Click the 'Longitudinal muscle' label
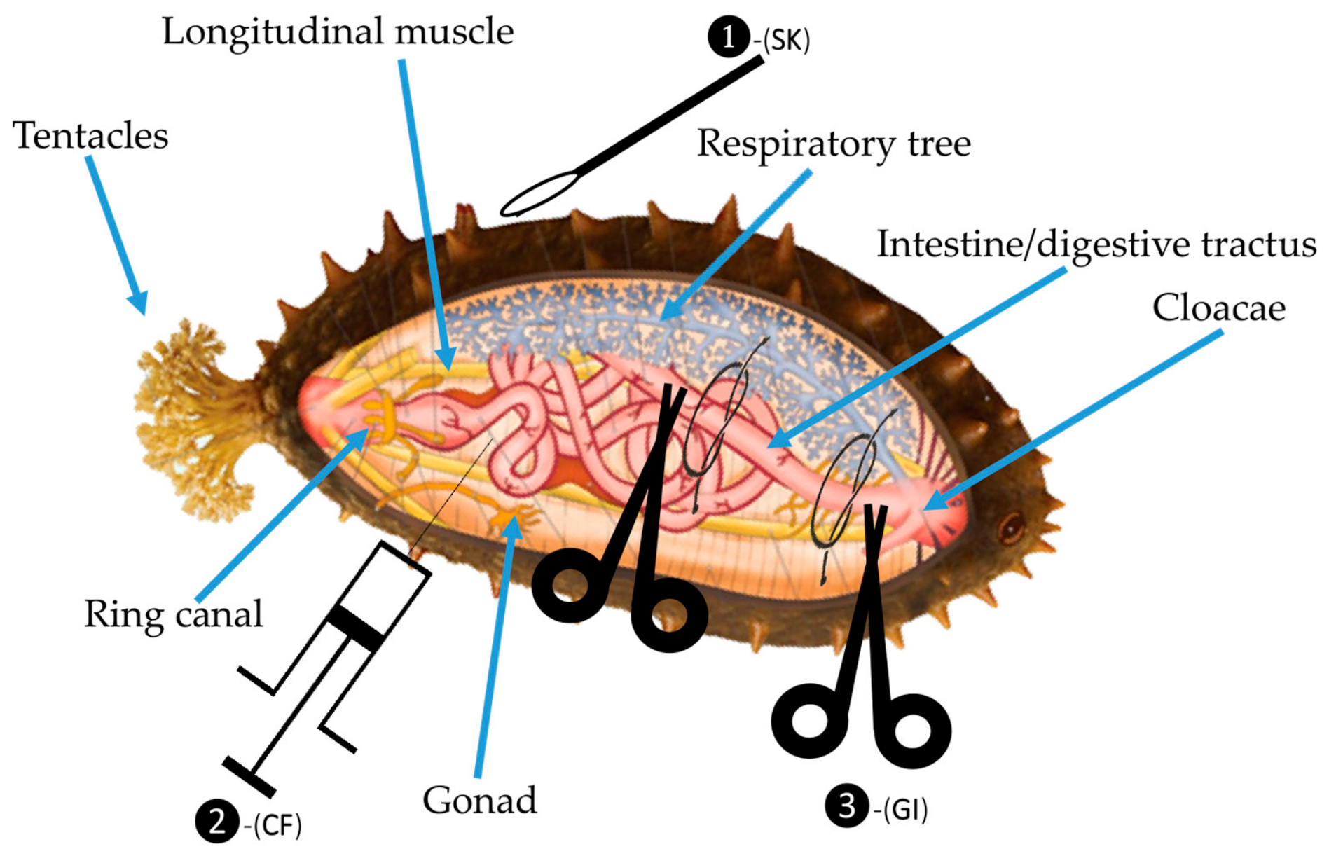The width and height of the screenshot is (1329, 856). click(338, 32)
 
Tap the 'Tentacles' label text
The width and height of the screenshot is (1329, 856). click(90, 135)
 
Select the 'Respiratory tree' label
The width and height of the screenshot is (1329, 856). click(834, 144)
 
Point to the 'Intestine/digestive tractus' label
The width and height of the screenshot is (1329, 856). click(1096, 245)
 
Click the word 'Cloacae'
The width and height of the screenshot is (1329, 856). click(1219, 308)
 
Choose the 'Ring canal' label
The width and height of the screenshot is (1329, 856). click(173, 614)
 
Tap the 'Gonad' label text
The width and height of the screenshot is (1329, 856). click(480, 800)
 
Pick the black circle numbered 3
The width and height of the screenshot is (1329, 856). click(846, 807)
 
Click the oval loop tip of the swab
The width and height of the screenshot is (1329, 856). click(539, 195)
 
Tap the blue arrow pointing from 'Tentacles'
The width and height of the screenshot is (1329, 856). click(117, 235)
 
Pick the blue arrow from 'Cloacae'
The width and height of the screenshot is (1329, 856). click(1073, 420)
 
